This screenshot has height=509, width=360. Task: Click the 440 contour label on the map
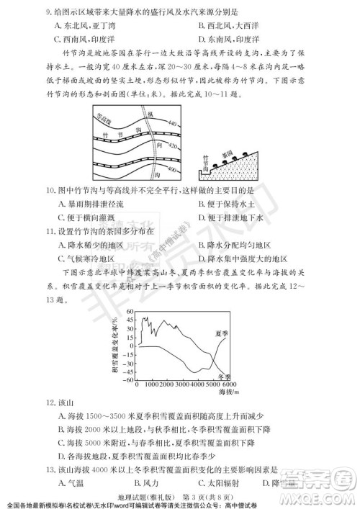point(171,125)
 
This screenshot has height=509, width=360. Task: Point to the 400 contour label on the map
point(171,169)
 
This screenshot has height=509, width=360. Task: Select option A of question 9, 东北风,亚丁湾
point(90,26)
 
